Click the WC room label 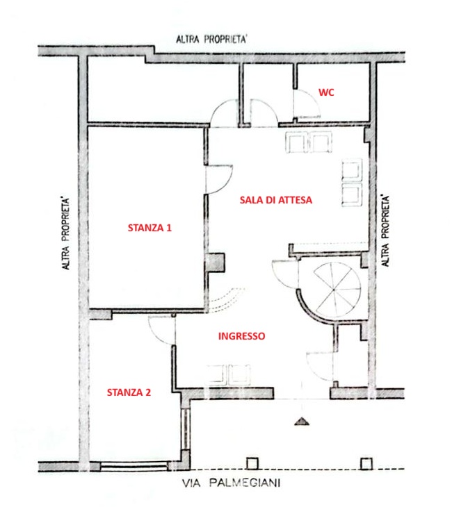click(326, 92)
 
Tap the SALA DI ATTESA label click(276, 200)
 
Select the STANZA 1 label click(150, 228)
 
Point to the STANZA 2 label click(129, 392)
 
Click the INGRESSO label click(241, 336)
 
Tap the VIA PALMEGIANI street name click(231, 483)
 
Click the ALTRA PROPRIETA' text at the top click(211, 39)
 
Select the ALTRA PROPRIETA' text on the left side click(66, 233)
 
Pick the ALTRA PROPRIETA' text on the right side click(385, 230)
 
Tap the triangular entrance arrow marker click(302, 421)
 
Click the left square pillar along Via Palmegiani click(252, 463)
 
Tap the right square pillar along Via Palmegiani click(366, 464)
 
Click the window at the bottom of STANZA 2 click(134, 466)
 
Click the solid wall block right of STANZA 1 click(216, 262)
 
